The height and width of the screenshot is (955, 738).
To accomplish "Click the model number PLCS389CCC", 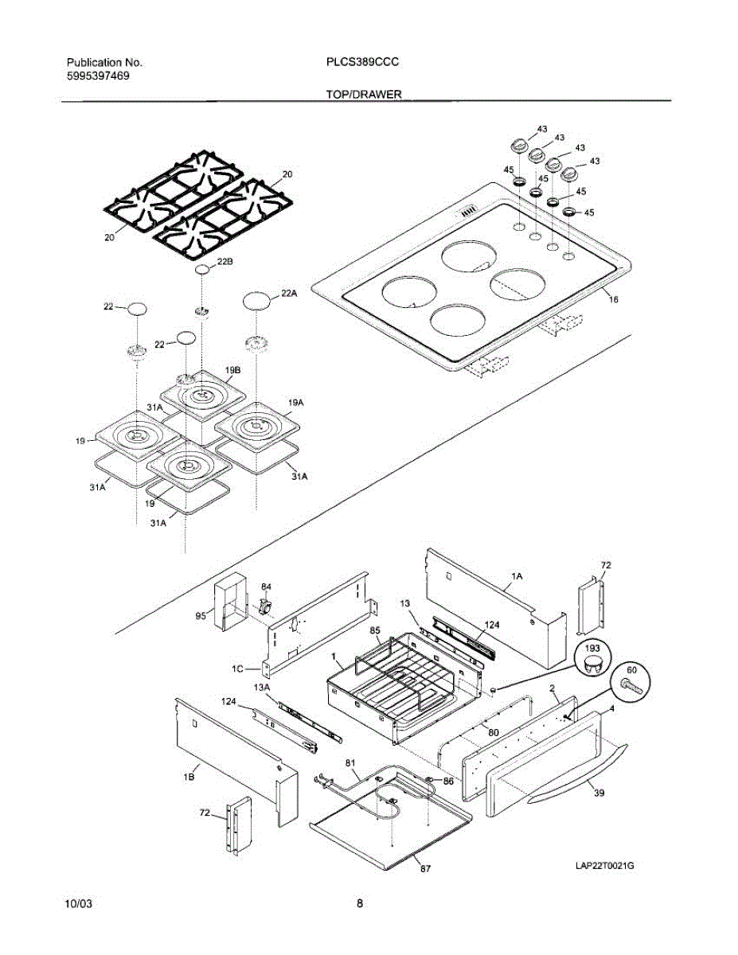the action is click(x=362, y=62).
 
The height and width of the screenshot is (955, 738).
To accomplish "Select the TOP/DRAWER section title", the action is click(x=363, y=95).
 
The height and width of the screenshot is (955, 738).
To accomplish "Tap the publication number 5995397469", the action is click(x=98, y=76).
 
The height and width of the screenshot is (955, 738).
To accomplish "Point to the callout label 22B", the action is click(x=225, y=262).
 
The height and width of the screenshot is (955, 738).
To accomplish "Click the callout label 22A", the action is click(x=288, y=293).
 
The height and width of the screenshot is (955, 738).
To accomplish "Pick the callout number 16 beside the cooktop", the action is click(x=614, y=299).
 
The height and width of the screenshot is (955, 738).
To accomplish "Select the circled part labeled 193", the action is click(x=592, y=657).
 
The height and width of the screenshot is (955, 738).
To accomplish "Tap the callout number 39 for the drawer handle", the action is click(x=599, y=793).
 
